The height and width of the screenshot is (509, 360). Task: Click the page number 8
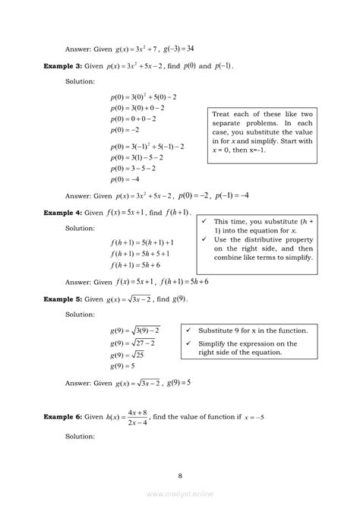click(x=180, y=476)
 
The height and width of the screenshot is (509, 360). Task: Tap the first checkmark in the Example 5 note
click(x=187, y=331)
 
